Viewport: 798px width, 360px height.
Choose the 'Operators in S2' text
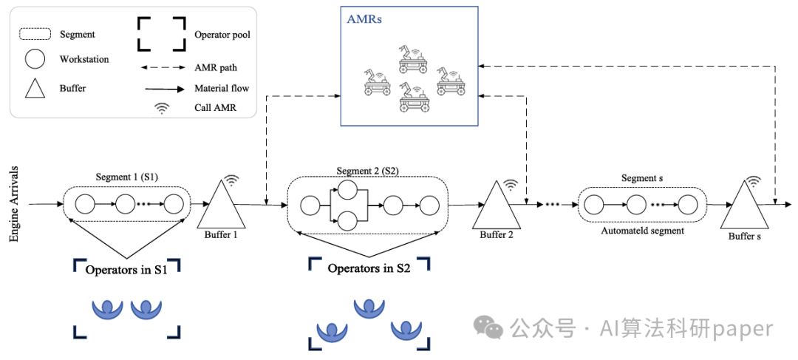[x=369, y=268]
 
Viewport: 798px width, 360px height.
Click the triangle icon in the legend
[x=35, y=89]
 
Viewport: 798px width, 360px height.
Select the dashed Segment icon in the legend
[x=35, y=34]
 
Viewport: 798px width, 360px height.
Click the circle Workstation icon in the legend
[x=35, y=59]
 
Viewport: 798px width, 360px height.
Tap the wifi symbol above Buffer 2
[x=511, y=185]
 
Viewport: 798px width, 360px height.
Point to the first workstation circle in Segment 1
[x=84, y=204]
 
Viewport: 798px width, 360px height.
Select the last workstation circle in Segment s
[x=688, y=204]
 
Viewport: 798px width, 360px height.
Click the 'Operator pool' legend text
[x=222, y=34]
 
